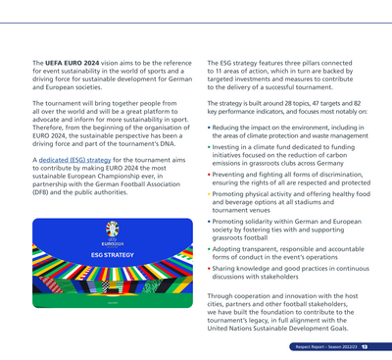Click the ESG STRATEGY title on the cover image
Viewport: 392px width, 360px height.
(112, 254)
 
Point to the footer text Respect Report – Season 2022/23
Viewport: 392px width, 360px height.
(326, 346)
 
